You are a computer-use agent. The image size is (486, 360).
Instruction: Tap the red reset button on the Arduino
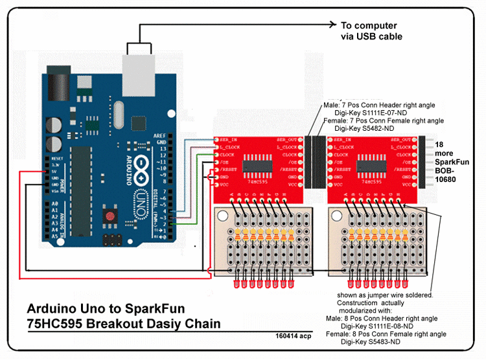coord(111,216)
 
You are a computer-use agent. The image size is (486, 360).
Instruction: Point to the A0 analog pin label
coord(54,204)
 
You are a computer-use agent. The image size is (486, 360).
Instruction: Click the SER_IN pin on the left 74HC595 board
coord(227,140)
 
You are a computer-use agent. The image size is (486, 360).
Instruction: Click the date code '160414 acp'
coord(293,336)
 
